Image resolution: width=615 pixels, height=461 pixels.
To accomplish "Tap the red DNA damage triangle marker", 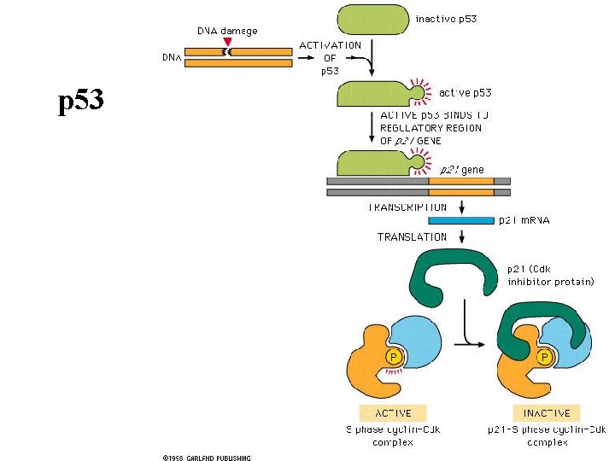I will [226, 41].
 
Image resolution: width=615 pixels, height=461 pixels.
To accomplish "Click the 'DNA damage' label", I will [227, 31].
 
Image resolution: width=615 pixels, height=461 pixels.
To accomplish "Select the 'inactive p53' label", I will [446, 18].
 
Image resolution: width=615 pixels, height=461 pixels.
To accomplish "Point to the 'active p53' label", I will [465, 91].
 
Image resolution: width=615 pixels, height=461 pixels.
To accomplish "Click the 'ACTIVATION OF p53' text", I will [330, 58].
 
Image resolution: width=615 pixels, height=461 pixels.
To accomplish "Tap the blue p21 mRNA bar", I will [460, 220].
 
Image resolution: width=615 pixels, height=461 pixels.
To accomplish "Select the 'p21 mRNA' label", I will [524, 220].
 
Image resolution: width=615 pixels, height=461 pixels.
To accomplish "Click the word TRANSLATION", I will [412, 236].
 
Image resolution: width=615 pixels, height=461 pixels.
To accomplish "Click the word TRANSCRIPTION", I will [407, 207].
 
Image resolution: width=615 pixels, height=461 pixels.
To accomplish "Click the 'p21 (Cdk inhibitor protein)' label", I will [550, 275].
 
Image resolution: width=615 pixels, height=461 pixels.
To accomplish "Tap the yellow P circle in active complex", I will [394, 357].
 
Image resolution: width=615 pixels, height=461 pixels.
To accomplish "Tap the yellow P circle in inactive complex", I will [543, 357].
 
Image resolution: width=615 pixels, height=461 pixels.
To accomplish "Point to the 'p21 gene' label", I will [461, 169].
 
